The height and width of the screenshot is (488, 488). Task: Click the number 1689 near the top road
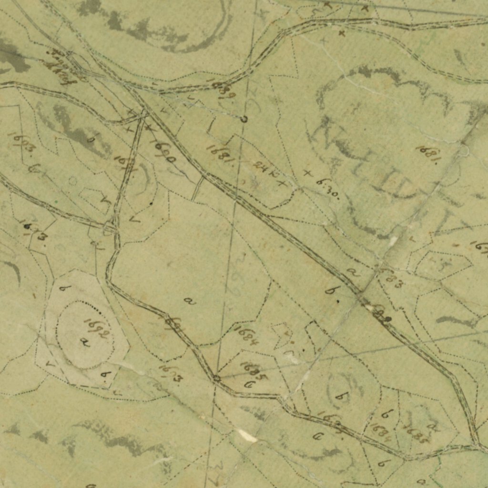point(224,90)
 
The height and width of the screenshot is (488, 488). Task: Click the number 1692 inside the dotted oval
point(98,328)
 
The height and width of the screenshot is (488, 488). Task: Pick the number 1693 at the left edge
point(22,142)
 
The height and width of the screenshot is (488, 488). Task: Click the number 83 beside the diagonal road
point(393,279)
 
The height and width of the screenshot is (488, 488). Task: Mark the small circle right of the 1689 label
point(244,119)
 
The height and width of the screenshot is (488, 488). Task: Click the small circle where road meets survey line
point(216,378)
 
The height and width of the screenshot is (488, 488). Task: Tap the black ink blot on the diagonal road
point(387,319)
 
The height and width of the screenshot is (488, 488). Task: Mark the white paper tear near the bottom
point(247,435)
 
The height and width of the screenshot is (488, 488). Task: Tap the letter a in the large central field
point(190,301)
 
